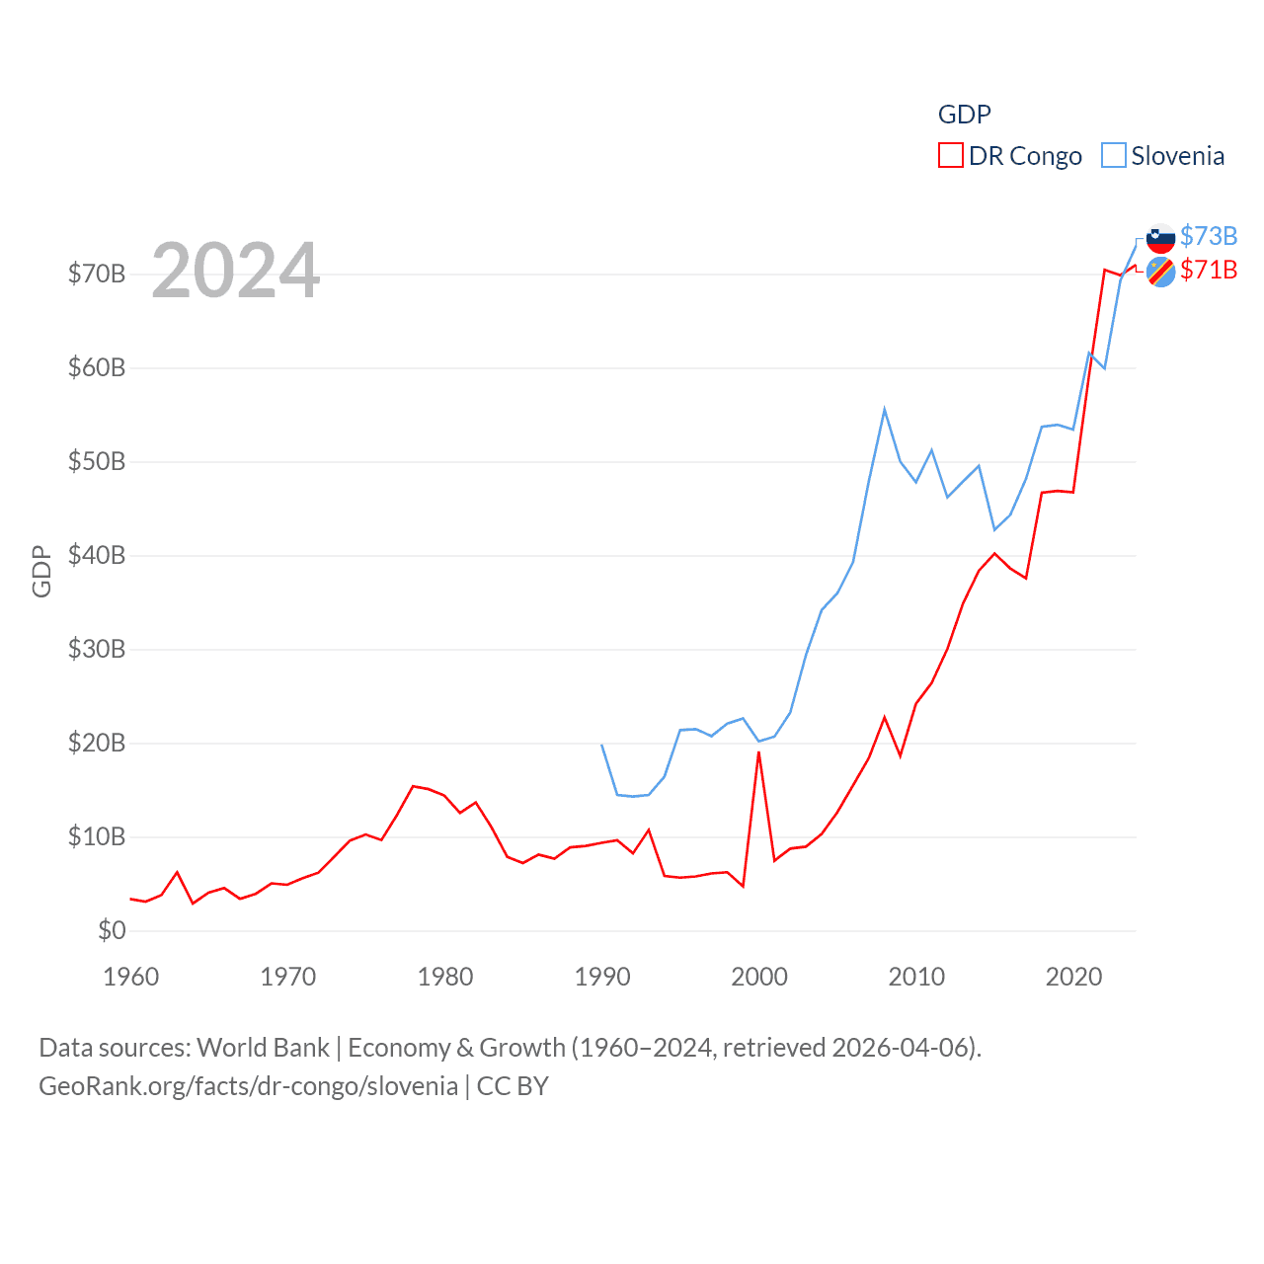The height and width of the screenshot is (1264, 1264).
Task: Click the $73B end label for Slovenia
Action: (x=1208, y=236)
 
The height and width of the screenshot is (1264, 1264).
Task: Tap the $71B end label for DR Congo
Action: (x=1208, y=270)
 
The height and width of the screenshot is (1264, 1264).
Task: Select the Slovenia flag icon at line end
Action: (x=1160, y=238)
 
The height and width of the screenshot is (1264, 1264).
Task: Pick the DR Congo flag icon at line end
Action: (x=1160, y=272)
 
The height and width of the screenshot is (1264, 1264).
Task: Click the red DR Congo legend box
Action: (x=950, y=156)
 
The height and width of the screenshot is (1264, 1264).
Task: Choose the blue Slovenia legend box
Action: (x=1113, y=156)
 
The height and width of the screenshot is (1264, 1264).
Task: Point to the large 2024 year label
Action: (x=235, y=270)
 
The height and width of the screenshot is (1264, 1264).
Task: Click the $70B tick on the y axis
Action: (x=97, y=274)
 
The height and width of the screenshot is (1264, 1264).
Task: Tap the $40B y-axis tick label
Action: (x=97, y=555)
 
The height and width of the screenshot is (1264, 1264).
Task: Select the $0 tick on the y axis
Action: (x=112, y=930)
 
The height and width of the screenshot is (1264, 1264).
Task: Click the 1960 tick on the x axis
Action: (x=131, y=977)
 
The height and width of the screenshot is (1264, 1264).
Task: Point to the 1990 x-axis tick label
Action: (x=602, y=977)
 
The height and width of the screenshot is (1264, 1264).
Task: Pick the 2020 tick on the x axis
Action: (x=1073, y=977)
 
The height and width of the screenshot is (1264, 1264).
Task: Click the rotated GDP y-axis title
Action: (x=41, y=571)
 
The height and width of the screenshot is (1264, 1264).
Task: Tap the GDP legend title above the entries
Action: (x=964, y=115)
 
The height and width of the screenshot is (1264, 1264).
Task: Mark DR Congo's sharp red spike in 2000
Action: (x=758, y=752)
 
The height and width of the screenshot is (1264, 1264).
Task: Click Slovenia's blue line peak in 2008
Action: (x=884, y=409)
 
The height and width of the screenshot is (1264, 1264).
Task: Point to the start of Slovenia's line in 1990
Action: (x=602, y=745)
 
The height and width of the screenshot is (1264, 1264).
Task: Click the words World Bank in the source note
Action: (x=263, y=1047)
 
